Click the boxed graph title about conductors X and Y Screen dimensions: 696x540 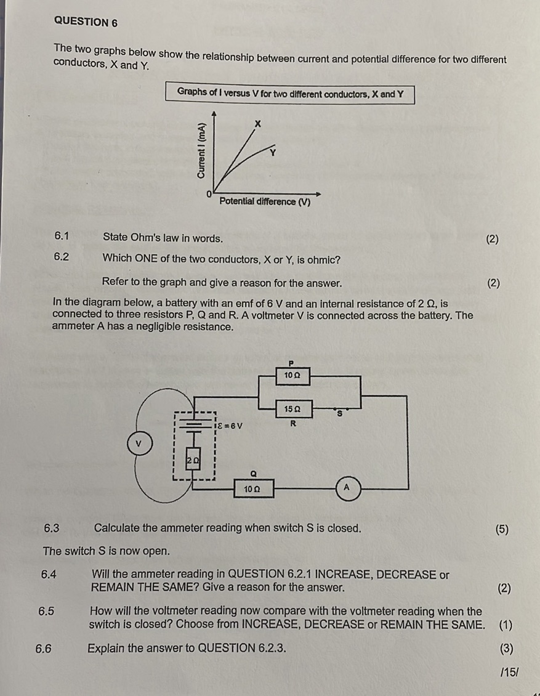290,94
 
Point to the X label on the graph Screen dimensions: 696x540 259,124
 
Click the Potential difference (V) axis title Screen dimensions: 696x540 265,202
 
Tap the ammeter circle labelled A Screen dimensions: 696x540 346,487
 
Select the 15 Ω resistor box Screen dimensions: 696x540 293,408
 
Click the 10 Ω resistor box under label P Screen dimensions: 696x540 293,375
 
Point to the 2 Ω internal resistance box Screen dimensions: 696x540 193,460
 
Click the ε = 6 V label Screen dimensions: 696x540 229,425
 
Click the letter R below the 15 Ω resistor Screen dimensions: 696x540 293,423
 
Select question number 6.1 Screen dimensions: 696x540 62,235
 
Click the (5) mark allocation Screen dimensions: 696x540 502,529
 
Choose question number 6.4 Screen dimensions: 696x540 49,575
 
